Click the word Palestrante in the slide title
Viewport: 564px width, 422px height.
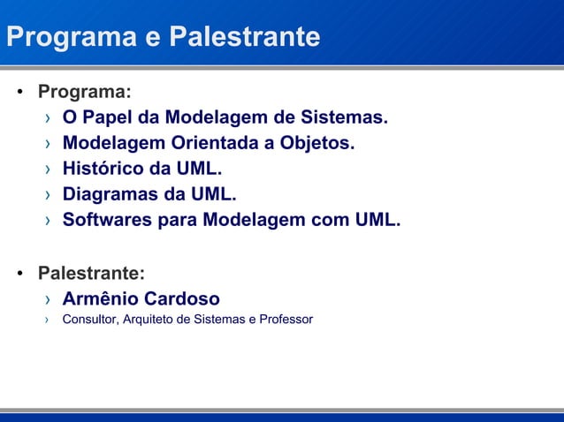point(244,37)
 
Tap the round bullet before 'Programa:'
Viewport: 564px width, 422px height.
point(19,93)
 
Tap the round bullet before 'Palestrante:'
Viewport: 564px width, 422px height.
point(19,273)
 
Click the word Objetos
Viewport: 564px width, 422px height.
point(317,144)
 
